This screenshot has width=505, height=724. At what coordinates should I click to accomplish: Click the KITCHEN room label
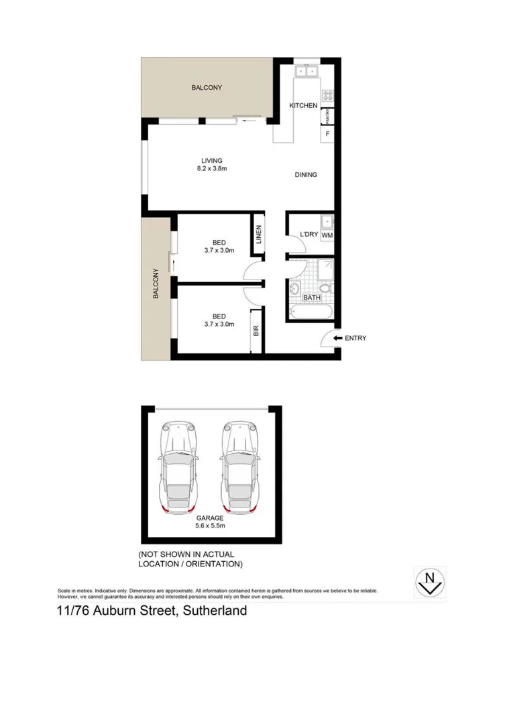click(303, 106)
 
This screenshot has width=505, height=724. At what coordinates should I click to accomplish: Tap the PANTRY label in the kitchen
click(329, 117)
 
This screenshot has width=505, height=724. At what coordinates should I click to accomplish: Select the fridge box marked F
click(328, 134)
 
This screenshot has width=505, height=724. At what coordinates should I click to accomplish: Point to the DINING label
click(306, 175)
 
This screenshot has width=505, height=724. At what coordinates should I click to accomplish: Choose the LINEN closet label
click(258, 235)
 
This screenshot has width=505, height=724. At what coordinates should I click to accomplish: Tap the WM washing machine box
click(327, 235)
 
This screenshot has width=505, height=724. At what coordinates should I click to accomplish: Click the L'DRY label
click(308, 234)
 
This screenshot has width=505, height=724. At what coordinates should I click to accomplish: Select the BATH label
click(312, 297)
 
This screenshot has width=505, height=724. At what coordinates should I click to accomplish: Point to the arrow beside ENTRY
click(337, 338)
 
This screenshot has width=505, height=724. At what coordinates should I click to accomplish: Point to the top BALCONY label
click(207, 88)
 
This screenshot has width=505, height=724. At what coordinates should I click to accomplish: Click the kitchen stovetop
click(328, 96)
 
